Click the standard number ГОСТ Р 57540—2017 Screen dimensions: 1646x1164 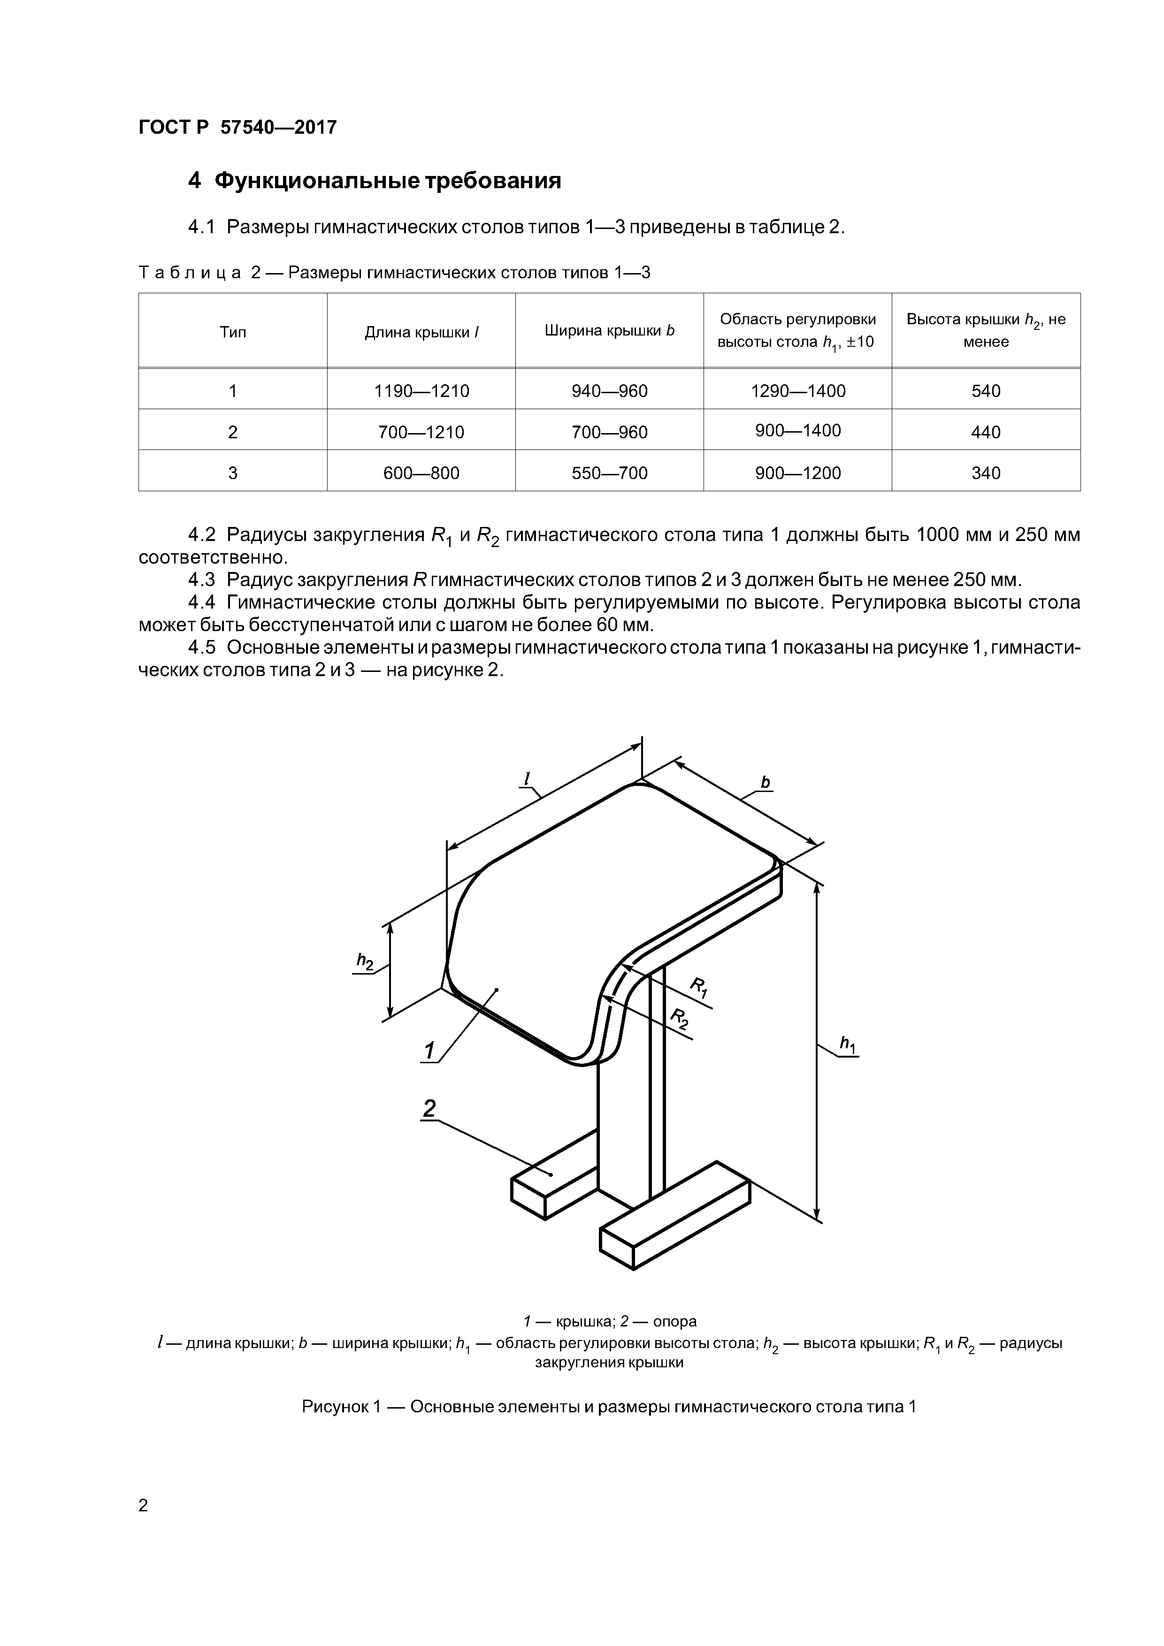[237, 128]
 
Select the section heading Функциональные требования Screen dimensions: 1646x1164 [375, 181]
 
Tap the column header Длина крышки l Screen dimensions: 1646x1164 [421, 332]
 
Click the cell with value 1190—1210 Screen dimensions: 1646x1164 [421, 391]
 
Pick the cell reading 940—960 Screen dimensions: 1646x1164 [610, 391]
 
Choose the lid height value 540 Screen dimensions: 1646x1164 [986, 391]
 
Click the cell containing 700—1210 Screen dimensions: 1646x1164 [421, 432]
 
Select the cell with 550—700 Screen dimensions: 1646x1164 [610, 473]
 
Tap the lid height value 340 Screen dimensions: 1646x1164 [986, 473]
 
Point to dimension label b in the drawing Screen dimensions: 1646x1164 [765, 782]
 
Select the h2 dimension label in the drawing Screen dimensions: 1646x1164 [365, 961]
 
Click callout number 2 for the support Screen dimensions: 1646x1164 [429, 1109]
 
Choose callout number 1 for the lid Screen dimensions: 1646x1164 [429, 1052]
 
